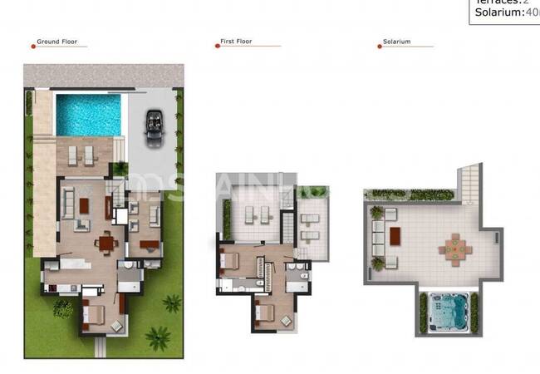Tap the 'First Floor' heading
(x=237, y=41)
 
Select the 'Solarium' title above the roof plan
(x=396, y=41)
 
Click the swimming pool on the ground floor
(x=88, y=115)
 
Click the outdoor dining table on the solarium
(x=454, y=246)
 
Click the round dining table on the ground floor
(x=106, y=243)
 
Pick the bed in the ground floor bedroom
(x=94, y=316)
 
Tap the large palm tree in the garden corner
(x=157, y=337)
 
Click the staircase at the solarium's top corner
(x=469, y=180)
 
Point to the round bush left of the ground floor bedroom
(x=63, y=308)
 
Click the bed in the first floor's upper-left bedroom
(x=230, y=260)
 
